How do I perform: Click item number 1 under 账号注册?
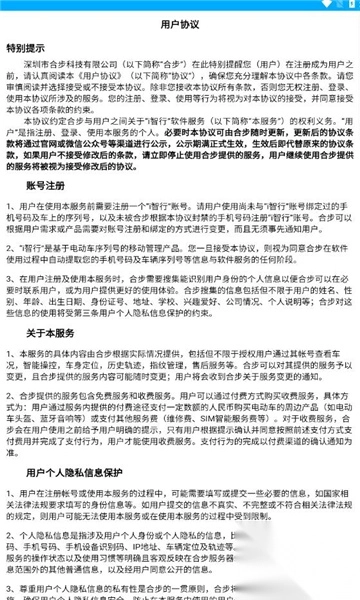(10, 233)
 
